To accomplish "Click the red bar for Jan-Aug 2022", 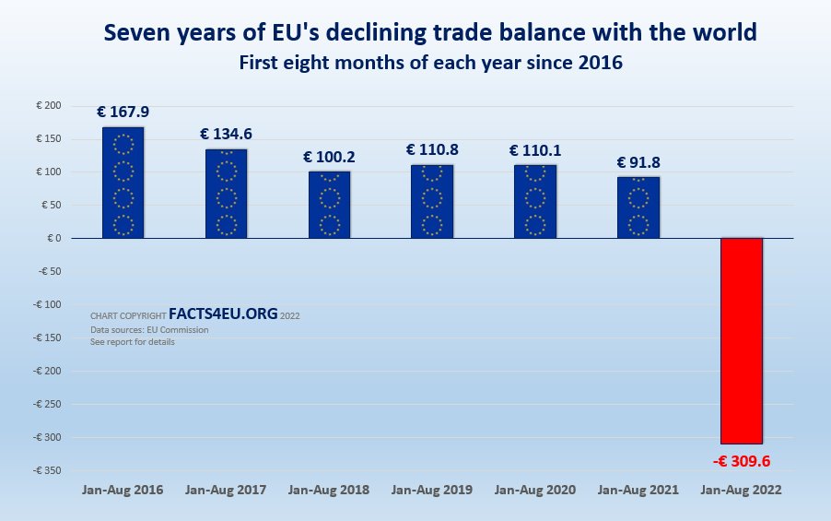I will (x=742, y=340).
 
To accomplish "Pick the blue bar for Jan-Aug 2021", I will (x=638, y=207).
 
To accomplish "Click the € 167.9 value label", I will (x=123, y=112).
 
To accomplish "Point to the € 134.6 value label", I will (x=226, y=135).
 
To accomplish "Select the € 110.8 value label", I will (x=432, y=149).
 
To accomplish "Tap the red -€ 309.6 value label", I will (x=742, y=460).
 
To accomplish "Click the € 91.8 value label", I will (x=638, y=162).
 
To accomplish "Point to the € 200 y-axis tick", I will (x=48, y=106).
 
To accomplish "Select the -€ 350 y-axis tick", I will (x=46, y=470).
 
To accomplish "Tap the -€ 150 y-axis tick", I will (x=46, y=337).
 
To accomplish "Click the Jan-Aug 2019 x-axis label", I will (x=432, y=491).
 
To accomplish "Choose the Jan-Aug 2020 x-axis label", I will (x=535, y=491).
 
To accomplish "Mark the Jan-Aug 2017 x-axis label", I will (x=226, y=491).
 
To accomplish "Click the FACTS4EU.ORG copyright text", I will (x=223, y=314).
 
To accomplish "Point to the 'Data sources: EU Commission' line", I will (x=149, y=329).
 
